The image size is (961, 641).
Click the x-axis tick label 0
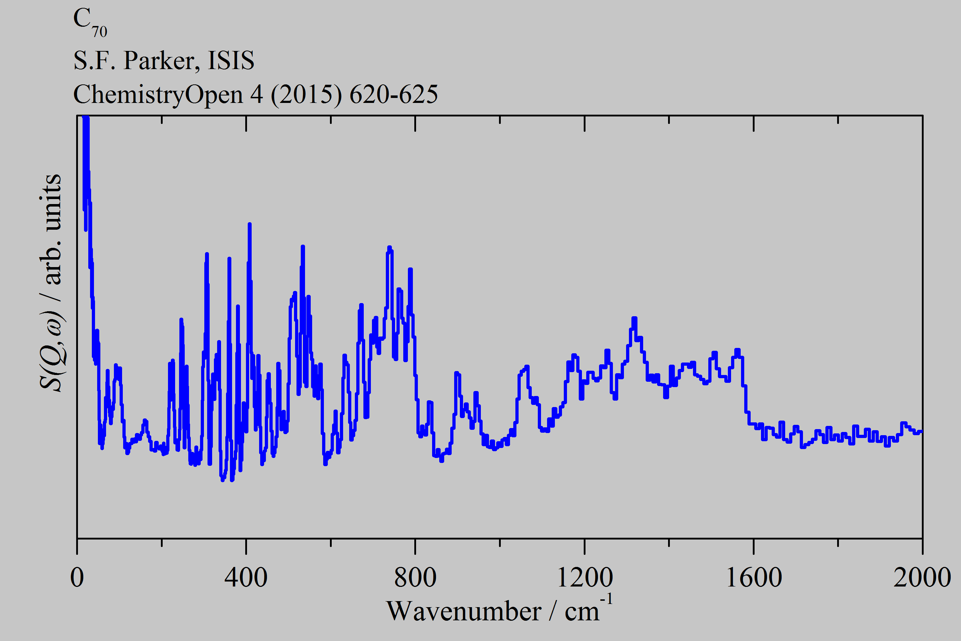tap(77, 578)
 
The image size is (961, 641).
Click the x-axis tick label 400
tap(246, 578)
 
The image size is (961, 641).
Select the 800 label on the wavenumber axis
tap(415, 578)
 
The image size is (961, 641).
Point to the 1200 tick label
tap(585, 578)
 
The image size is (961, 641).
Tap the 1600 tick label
tap(754, 578)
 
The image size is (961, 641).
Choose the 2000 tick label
tap(922, 578)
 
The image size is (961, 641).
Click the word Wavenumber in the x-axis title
tap(463, 611)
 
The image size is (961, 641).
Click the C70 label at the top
tap(89, 22)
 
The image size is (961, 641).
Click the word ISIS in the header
tap(231, 61)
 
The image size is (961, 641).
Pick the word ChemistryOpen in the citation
tap(158, 95)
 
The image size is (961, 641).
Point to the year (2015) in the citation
tap(306, 95)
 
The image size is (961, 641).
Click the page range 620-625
tap(393, 95)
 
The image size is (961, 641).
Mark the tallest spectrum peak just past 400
tap(250, 224)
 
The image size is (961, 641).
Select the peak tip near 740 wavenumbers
tap(389, 247)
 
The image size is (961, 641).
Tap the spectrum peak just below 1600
tap(737, 350)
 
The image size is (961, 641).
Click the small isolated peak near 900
tap(457, 373)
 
